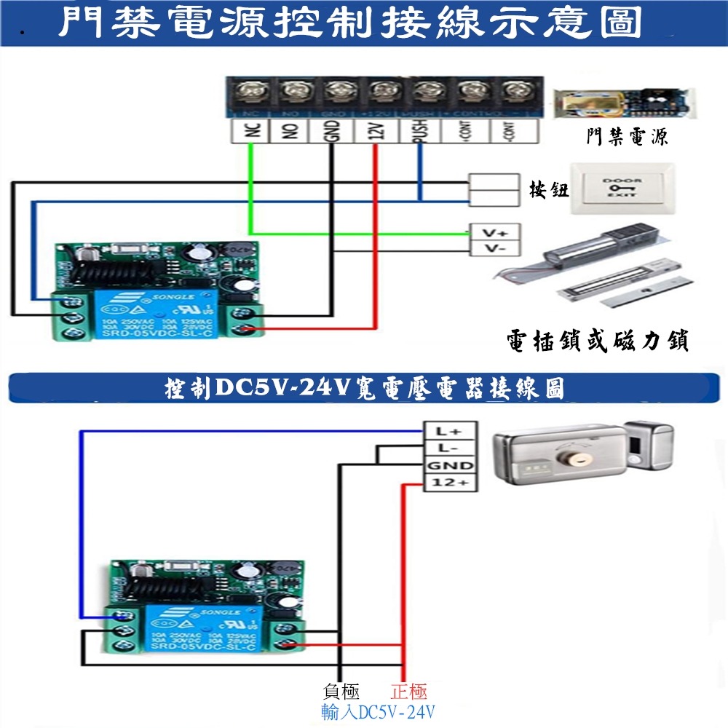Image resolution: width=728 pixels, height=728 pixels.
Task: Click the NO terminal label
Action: click(x=290, y=132)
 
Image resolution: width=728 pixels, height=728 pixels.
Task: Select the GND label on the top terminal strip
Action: click(x=332, y=132)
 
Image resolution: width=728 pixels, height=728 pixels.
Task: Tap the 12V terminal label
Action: click(x=375, y=132)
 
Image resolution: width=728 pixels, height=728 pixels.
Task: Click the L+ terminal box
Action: click(x=450, y=430)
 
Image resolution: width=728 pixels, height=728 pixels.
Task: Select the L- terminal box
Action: click(x=450, y=448)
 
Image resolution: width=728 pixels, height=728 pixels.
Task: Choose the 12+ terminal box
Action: click(x=450, y=483)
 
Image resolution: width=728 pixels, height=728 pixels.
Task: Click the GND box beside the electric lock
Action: click(x=450, y=465)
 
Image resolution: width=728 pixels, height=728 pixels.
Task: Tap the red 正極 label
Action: click(x=409, y=692)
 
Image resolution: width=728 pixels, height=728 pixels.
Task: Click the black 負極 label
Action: click(x=341, y=692)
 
